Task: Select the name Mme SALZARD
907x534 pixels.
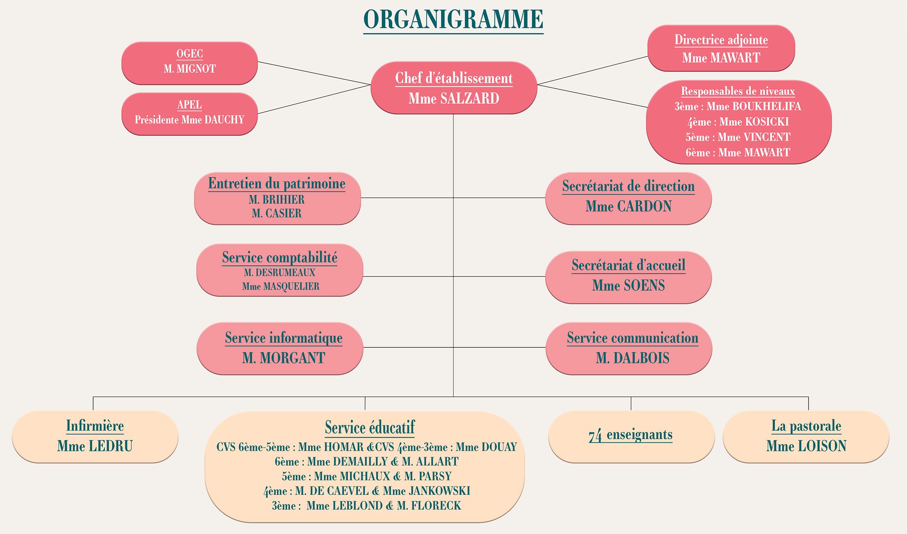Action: coord(454,98)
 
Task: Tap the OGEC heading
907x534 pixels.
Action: coord(190,53)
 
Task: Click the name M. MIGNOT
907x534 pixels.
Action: coord(190,68)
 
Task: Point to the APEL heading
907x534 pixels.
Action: coord(190,105)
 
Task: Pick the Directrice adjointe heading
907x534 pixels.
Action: coord(721,40)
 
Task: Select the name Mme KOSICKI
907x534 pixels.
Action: coord(754,122)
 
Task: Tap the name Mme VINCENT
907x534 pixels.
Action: coord(754,137)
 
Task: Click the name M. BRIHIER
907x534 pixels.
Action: coord(276,200)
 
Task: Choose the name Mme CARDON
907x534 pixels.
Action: coord(628,206)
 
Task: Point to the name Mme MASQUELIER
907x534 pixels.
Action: coord(281,286)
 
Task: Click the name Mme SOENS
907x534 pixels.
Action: coord(628,285)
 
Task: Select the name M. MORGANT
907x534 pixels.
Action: coord(283,358)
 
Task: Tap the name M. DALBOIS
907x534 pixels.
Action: coord(633,358)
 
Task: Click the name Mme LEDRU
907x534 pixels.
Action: coord(95,446)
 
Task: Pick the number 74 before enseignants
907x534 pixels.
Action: coord(595,435)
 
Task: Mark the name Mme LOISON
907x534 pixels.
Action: coord(806,446)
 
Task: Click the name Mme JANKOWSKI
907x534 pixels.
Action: coord(427,491)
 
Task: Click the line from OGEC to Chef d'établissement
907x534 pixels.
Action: coord(314,73)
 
